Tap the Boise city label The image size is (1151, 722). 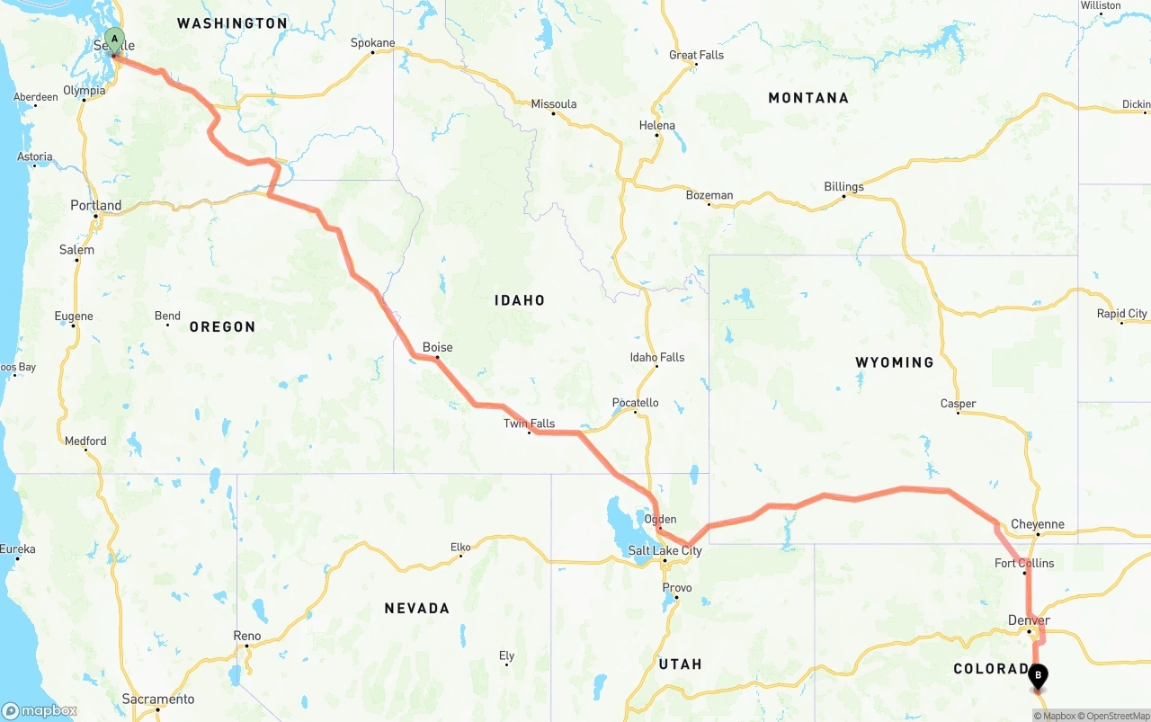coord(437,347)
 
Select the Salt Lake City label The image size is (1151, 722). coord(665,550)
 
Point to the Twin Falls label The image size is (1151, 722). coord(529,423)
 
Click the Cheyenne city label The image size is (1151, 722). coord(1037,524)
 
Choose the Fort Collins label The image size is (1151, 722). coord(1024,563)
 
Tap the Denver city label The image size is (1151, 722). coord(1029,620)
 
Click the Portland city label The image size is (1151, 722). coord(95,205)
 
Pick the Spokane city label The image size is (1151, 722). coord(372,42)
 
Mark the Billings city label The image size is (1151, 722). coord(843,187)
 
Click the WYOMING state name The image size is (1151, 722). coord(894,362)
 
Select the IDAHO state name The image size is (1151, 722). coord(519,300)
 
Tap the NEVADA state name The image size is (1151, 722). coord(416,609)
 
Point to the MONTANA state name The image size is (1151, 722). coord(807,98)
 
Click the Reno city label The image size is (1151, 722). coord(246,636)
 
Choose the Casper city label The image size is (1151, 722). coord(958,404)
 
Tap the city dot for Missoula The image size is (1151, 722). coord(553,113)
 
